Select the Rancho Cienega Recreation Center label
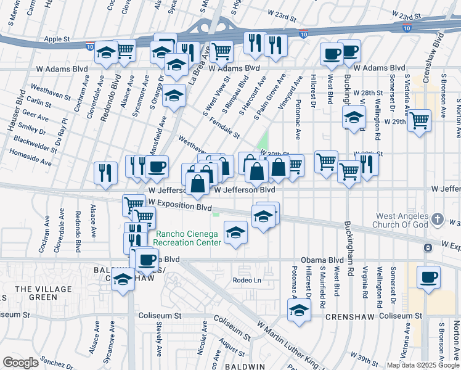point(188,238)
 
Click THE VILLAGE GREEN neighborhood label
point(42,293)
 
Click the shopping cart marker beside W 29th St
point(419,120)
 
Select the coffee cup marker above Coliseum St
point(428,276)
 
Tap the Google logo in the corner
point(20,363)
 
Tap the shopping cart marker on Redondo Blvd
point(125,50)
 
